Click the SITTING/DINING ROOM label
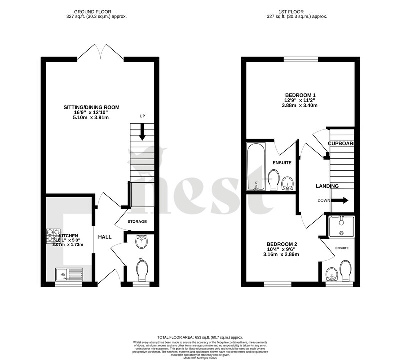(91, 107)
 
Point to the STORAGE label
(137, 221)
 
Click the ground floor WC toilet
(142, 270)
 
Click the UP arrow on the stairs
(142, 132)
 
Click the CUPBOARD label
(341, 144)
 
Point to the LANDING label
(327, 186)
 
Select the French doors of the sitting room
(100, 52)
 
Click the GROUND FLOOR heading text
(93, 11)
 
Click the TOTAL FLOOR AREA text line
(200, 338)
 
